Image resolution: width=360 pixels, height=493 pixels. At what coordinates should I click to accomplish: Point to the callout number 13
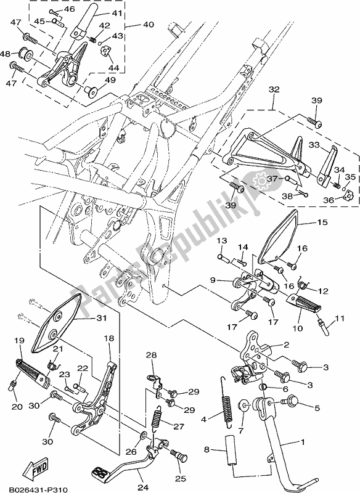point(221,240)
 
